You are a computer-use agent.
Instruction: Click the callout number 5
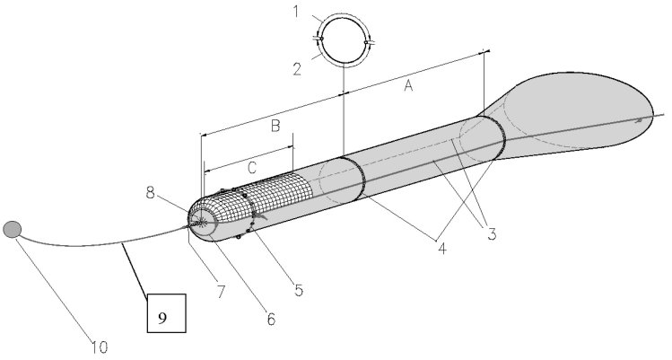tap(300, 289)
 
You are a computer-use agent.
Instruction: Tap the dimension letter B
tap(276, 126)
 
